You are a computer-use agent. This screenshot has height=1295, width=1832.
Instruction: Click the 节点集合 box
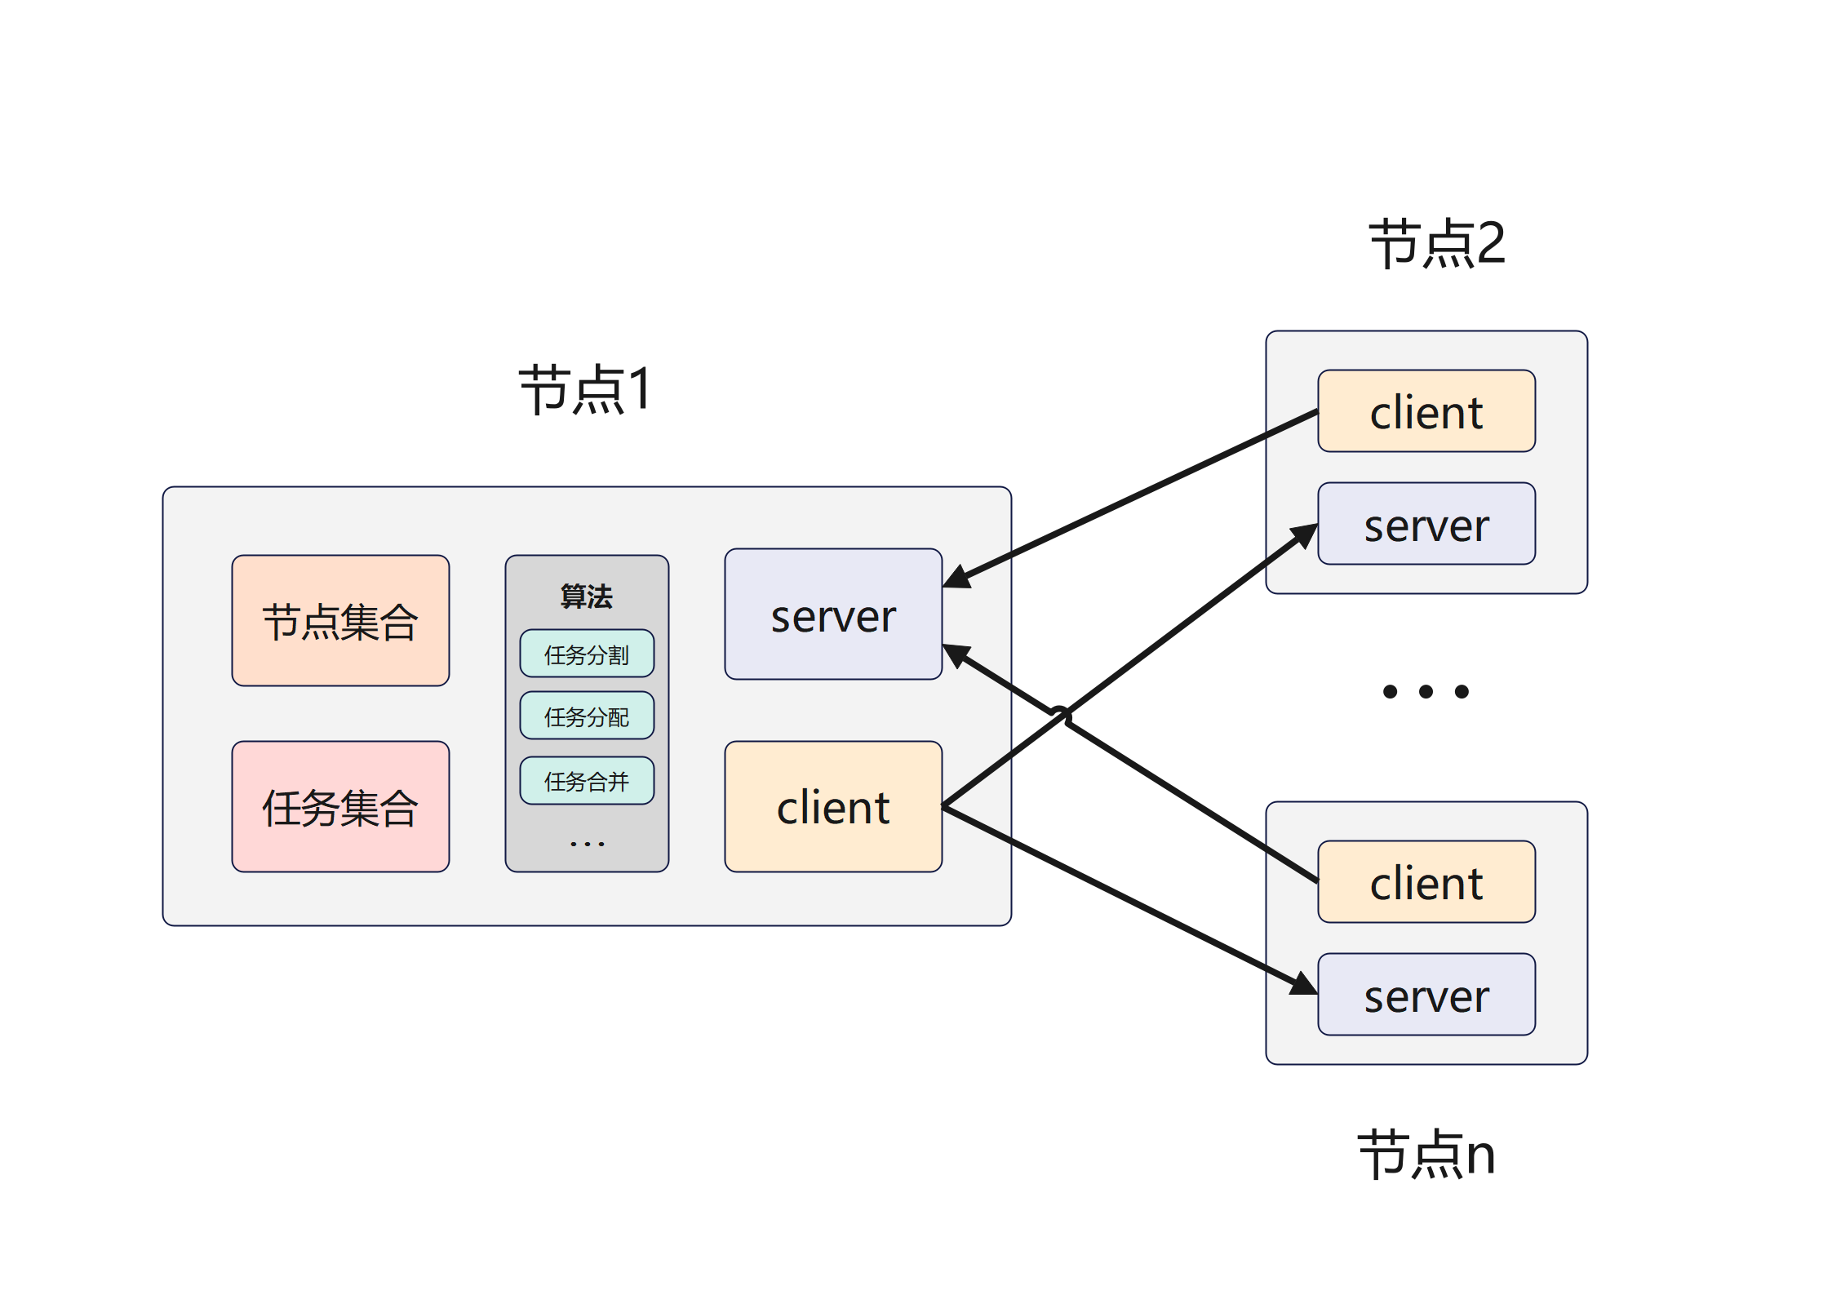(340, 621)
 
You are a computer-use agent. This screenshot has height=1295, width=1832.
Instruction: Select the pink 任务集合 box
(340, 807)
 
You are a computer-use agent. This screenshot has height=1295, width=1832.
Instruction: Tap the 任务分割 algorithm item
(587, 654)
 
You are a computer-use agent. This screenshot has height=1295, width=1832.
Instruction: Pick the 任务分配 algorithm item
(587, 716)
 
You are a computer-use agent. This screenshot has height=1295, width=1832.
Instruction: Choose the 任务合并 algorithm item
(587, 781)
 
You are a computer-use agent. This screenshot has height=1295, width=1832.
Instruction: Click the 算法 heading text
(586, 596)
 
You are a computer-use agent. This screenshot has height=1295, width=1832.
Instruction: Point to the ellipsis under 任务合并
(587, 843)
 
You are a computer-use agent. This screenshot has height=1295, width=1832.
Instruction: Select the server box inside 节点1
(833, 614)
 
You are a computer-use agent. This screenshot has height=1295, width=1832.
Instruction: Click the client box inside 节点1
(833, 807)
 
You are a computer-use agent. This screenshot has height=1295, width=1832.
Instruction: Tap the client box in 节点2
(1426, 411)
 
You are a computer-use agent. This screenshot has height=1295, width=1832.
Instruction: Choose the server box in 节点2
(1426, 524)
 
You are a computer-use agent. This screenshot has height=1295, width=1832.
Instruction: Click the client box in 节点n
(1426, 882)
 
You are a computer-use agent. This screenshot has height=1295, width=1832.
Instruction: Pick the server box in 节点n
(1426, 995)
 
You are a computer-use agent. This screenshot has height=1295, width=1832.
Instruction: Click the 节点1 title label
(584, 389)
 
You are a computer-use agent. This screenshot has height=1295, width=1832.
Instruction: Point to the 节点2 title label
(1436, 243)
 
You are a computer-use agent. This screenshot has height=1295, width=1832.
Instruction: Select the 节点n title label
(1426, 1155)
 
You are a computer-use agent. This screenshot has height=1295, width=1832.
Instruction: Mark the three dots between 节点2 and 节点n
(1426, 692)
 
